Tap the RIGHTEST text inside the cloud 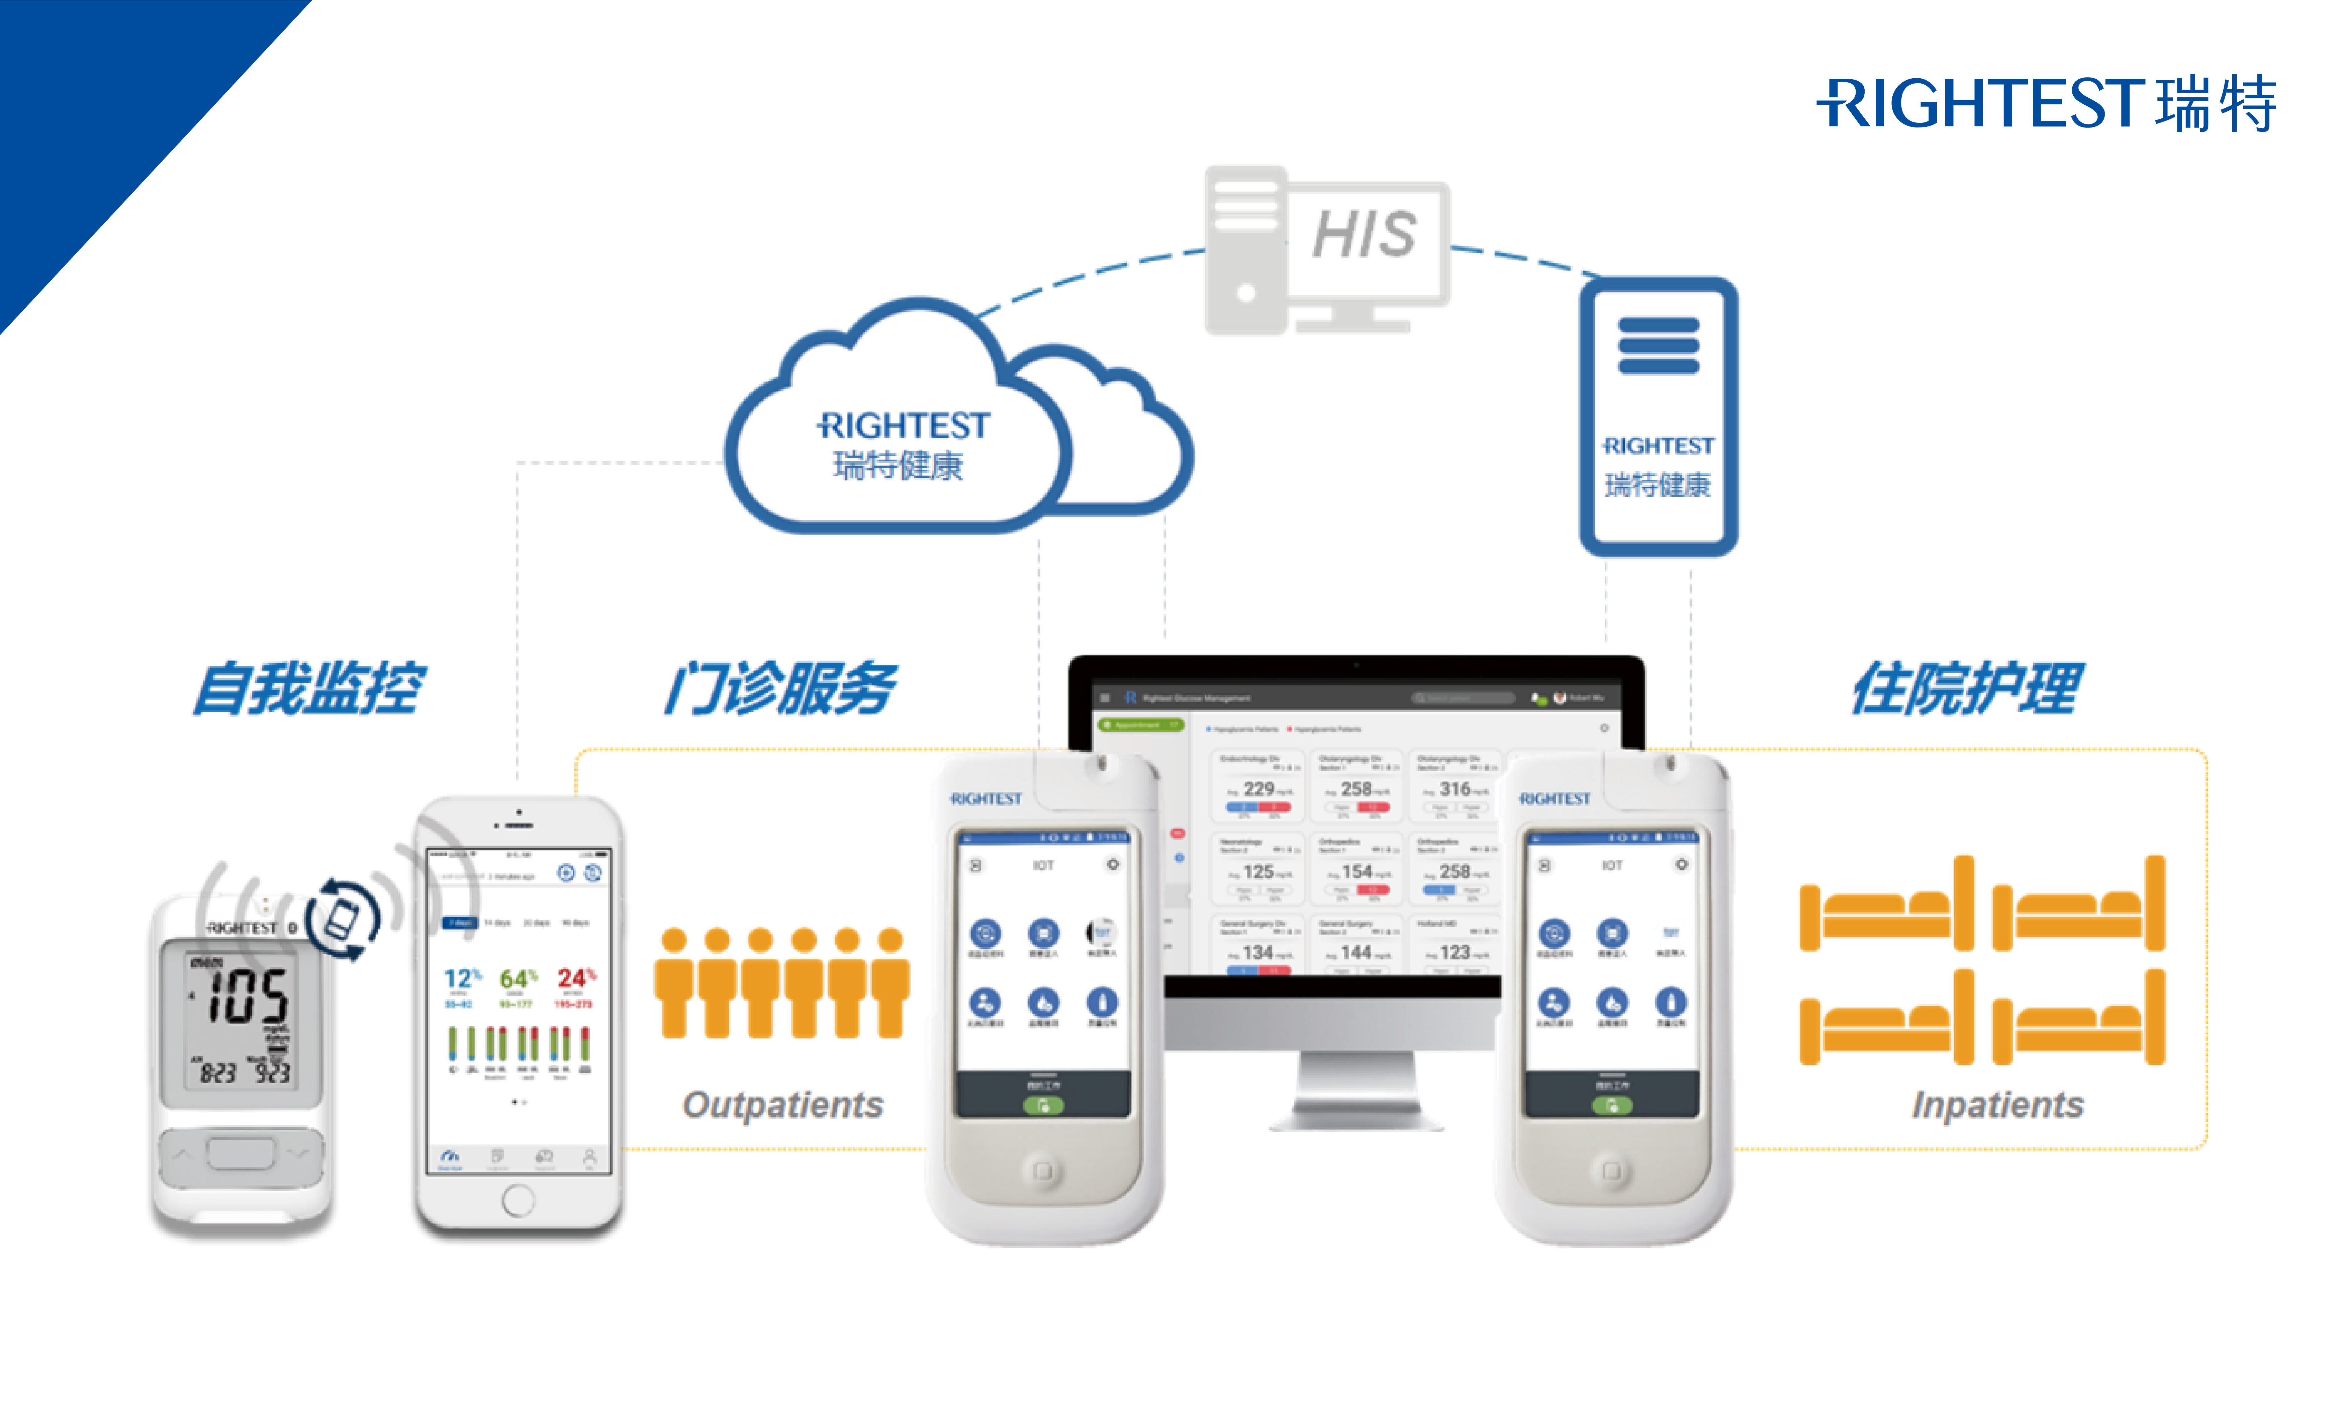pyautogui.click(x=903, y=426)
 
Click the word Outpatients pyautogui.click(x=782, y=1105)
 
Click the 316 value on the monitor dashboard pyautogui.click(x=1454, y=789)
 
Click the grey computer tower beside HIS pyautogui.click(x=1245, y=249)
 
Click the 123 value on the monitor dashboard pyautogui.click(x=1454, y=952)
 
